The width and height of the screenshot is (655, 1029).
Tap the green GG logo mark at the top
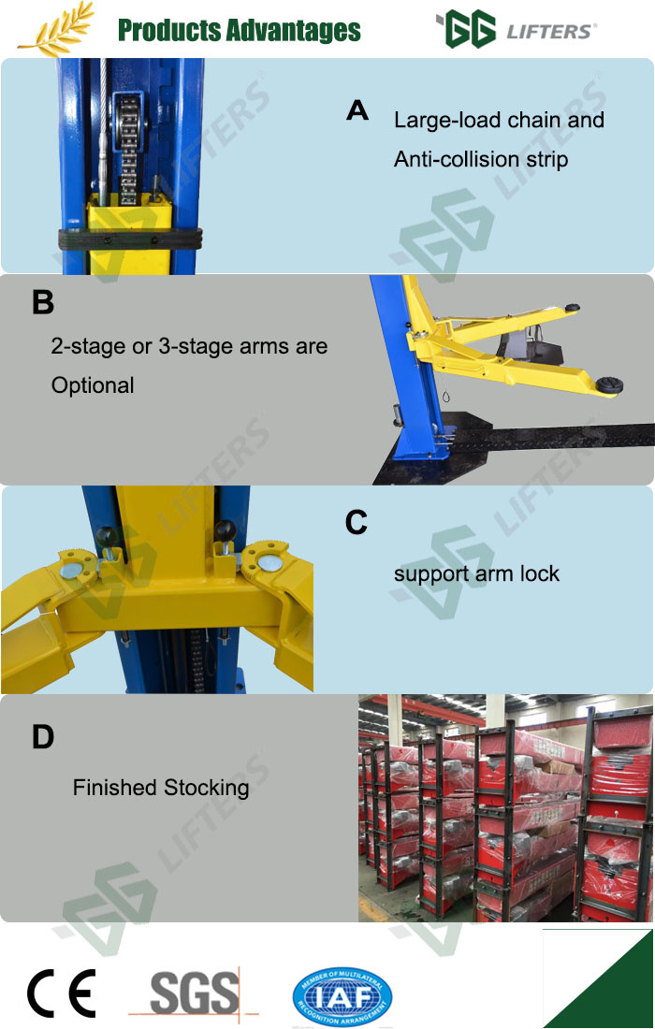pos(465,29)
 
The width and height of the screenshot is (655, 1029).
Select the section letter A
pos(357,110)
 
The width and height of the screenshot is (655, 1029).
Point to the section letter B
pos(43,302)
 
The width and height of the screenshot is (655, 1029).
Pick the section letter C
pos(356,523)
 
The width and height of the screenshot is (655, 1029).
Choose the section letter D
pos(43,737)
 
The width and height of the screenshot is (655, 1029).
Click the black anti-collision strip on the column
pos(129,239)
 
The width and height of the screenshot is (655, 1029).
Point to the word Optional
pos(93,385)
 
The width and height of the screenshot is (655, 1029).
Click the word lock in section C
pos(540,573)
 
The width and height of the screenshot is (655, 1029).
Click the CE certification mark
pos(62,993)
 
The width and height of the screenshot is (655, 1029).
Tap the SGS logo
pos(195,993)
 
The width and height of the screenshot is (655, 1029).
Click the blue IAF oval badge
pos(342,997)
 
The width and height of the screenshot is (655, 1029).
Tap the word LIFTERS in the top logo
pos(548,32)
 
